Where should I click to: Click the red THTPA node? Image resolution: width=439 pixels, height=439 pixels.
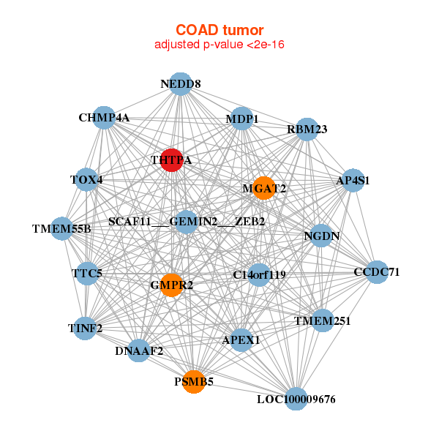coord(171,160)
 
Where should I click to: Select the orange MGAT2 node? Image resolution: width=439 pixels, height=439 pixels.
coord(263,188)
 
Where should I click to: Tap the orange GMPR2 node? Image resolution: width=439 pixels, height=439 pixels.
coord(171,285)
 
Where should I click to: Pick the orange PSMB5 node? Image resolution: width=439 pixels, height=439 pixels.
coord(193,381)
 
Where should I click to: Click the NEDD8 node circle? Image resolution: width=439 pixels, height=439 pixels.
coord(181,84)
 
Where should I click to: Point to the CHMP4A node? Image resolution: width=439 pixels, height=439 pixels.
coord(104,118)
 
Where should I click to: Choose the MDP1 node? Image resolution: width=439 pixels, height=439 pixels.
coord(242,119)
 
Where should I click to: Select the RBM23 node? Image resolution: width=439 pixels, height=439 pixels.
coord(307,130)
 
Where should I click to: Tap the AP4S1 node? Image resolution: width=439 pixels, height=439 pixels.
coord(353,180)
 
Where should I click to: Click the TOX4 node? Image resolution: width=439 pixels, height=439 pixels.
coord(86,180)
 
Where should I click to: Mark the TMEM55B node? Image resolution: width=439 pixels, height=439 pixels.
coord(61,229)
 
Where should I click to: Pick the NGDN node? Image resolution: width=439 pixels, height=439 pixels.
coord(321,236)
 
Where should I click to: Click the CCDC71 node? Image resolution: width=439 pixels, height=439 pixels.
coord(377,272)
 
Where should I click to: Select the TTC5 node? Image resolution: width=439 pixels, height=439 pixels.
coord(87,274)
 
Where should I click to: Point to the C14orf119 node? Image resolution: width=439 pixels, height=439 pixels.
coord(259,274)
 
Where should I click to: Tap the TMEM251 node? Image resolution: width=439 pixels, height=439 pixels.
coord(323,320)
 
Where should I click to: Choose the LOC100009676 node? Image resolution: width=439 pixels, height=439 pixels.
coord(296,399)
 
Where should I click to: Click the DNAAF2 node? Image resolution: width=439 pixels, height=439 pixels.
coord(139,351)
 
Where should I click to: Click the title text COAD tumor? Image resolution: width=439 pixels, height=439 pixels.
coord(219,31)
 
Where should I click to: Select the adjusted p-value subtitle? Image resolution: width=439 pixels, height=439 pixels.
coord(219,45)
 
